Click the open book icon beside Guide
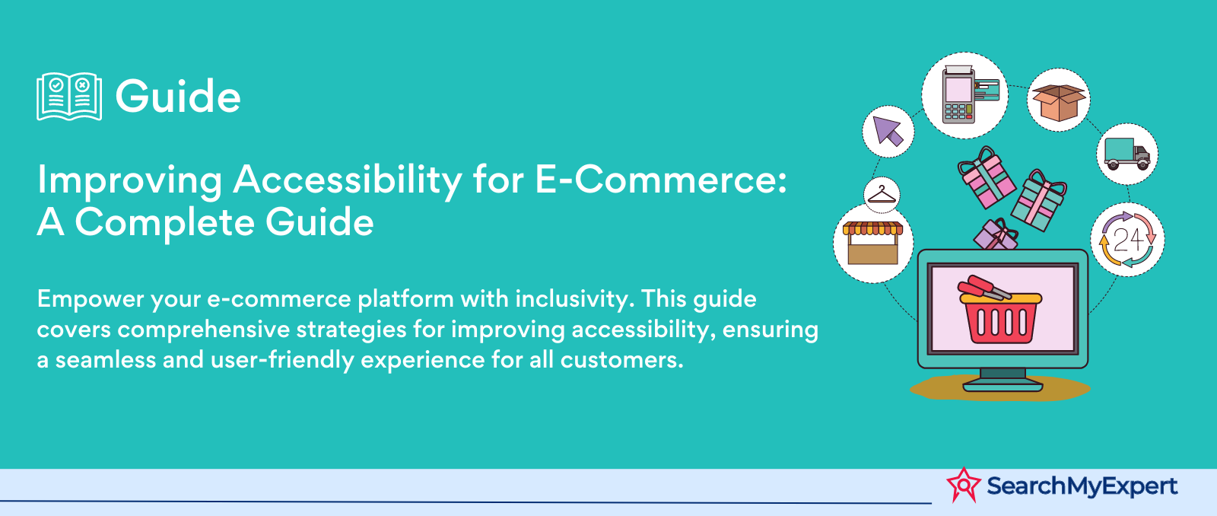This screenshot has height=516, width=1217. coord(69,96)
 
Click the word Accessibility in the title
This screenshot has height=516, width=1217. coord(348,182)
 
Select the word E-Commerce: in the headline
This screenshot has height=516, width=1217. coord(661,180)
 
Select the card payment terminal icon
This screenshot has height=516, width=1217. coord(964,95)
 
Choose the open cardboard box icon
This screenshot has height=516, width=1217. coord(1058,101)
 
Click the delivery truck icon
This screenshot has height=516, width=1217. coord(1126,154)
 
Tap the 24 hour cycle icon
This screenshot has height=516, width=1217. coord(1127,239)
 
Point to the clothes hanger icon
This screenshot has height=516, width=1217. coord(882,195)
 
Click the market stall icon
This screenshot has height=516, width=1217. coord(872,243)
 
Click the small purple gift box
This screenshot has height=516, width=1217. coord(996,235)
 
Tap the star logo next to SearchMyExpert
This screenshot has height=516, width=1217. coord(963,485)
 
